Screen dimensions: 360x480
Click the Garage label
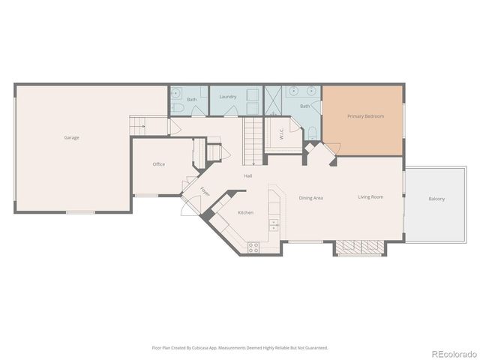[71, 137]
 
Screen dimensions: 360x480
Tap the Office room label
[158, 164]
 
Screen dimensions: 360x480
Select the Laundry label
[228, 97]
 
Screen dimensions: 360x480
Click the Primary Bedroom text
[364, 117]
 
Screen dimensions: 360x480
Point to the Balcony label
[436, 199]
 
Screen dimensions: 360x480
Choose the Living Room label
[370, 197]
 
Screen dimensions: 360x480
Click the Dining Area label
[311, 198]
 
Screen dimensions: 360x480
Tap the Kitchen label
[245, 213]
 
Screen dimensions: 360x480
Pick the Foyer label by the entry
[205, 192]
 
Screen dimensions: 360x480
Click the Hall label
[247, 176]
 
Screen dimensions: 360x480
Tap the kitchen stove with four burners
[253, 245]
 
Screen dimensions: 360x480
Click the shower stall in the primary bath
[273, 99]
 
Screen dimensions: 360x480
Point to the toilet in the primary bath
[311, 133]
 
